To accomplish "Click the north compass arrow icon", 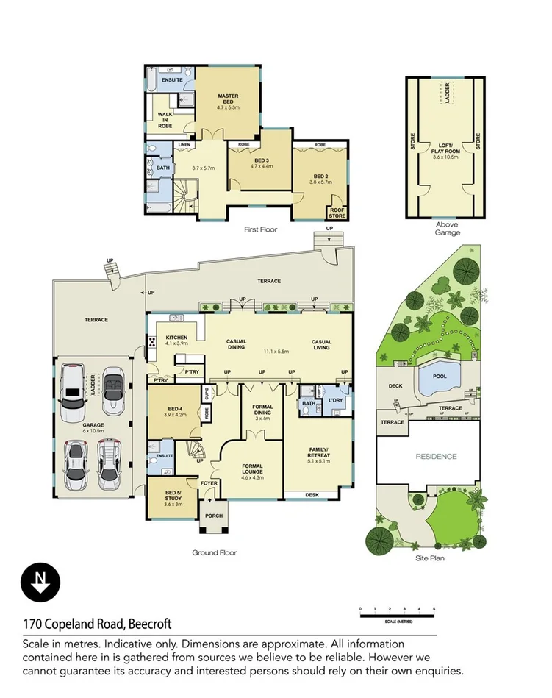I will pyautogui.click(x=36, y=582).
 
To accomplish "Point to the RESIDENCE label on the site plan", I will pyautogui.click(x=437, y=456).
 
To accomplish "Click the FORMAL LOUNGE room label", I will pyautogui.click(x=253, y=471).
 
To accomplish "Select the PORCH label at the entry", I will pyautogui.click(x=214, y=516).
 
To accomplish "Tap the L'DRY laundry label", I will pyautogui.click(x=337, y=400).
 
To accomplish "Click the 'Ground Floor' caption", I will pyautogui.click(x=214, y=552).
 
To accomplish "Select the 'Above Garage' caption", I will pyautogui.click(x=447, y=229).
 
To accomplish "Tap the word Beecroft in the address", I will pyautogui.click(x=150, y=624).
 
